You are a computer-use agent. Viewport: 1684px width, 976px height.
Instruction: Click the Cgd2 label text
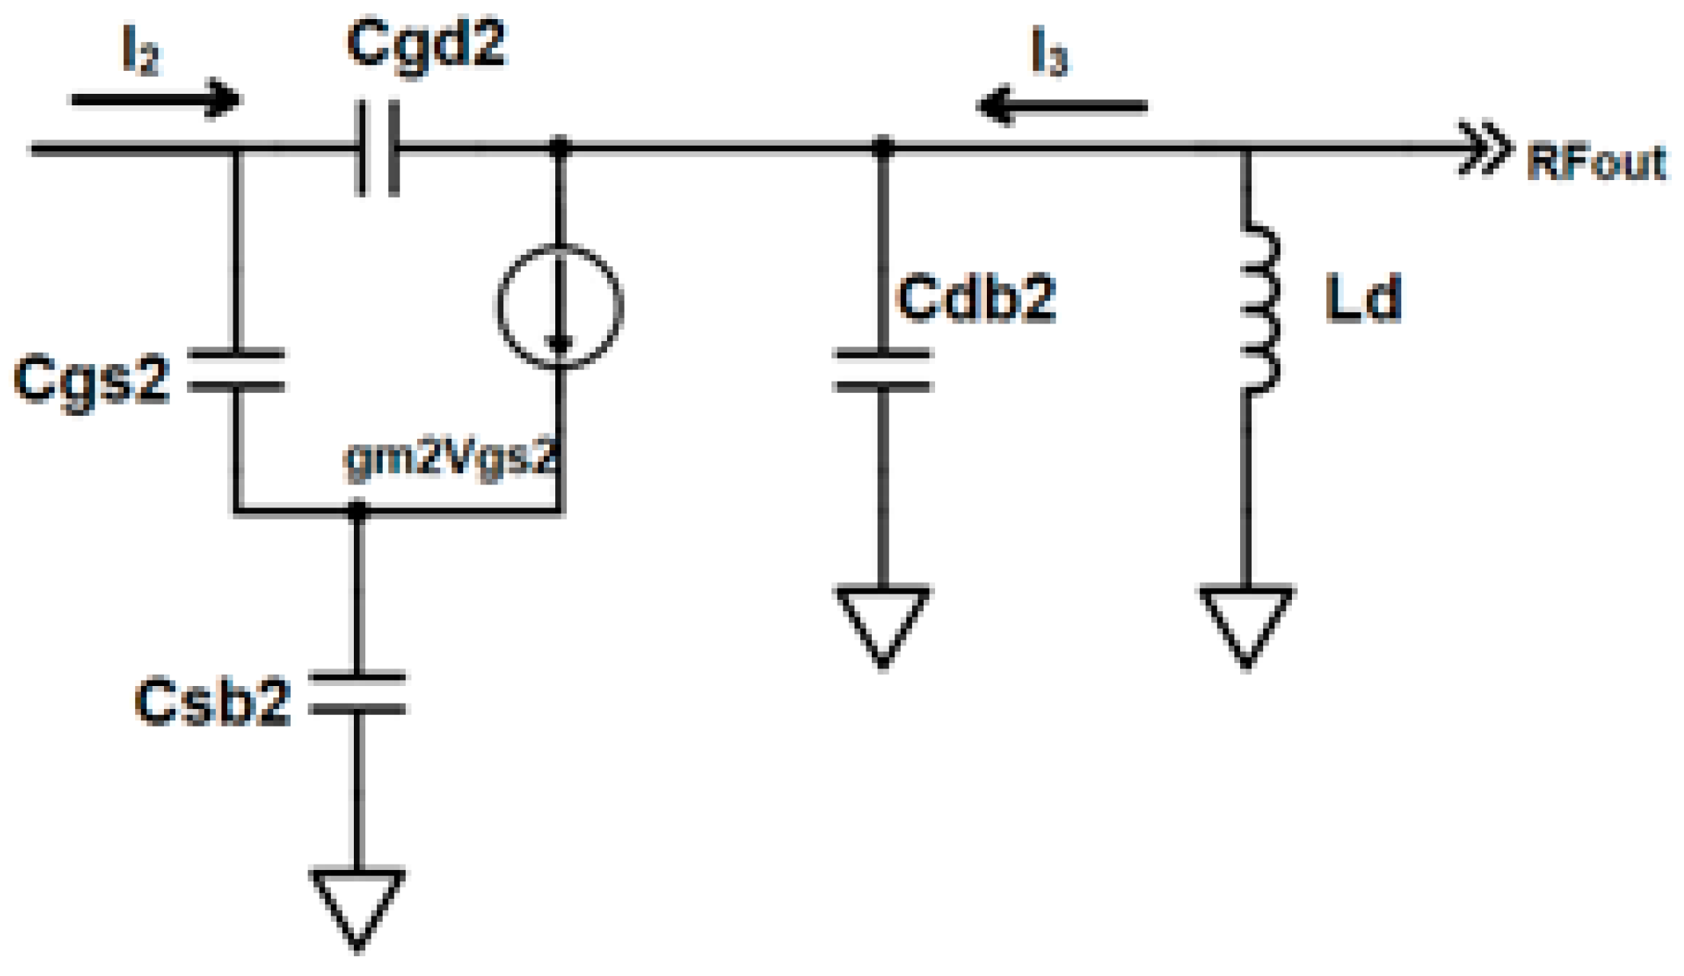(x=426, y=46)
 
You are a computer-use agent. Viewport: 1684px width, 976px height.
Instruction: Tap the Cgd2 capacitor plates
(x=378, y=148)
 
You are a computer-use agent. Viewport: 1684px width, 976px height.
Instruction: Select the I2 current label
(x=141, y=52)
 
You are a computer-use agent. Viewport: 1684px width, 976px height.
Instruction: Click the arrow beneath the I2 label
(x=156, y=99)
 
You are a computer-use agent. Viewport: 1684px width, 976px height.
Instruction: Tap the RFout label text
(x=1596, y=163)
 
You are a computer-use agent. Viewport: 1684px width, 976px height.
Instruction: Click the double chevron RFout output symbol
(x=1483, y=149)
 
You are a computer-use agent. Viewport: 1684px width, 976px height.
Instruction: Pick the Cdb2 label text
(x=976, y=298)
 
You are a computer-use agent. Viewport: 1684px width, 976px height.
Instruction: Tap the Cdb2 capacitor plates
(x=882, y=371)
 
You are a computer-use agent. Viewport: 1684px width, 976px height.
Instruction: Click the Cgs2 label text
(x=92, y=379)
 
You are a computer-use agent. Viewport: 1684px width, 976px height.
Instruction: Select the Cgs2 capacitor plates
(x=236, y=371)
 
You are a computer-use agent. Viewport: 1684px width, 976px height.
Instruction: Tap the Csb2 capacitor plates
(x=357, y=694)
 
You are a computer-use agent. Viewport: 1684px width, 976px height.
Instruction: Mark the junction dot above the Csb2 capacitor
(x=357, y=510)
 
